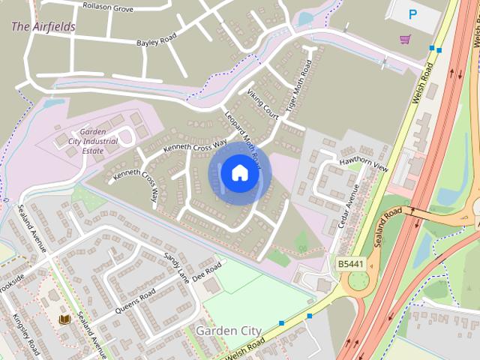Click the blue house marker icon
click(x=239, y=173)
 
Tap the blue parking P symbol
click(x=412, y=13)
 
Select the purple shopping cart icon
click(x=405, y=39)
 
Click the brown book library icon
click(x=64, y=319)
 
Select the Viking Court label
click(x=262, y=103)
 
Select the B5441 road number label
click(x=349, y=264)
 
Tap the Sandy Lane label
click(x=178, y=266)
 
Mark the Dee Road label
click(x=209, y=270)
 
